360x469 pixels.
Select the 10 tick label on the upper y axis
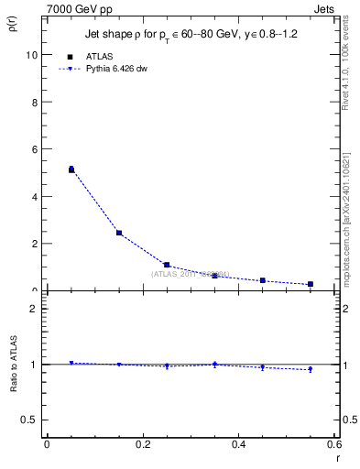[x=31, y=55]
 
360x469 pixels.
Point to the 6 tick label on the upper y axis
[x=34, y=149]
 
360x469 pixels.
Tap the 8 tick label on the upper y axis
[x=34, y=102]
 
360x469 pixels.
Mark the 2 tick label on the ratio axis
[x=34, y=309]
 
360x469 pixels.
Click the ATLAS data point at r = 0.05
[x=71, y=169]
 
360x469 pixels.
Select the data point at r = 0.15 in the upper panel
[x=119, y=233]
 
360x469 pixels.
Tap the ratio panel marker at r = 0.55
[x=311, y=369]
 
